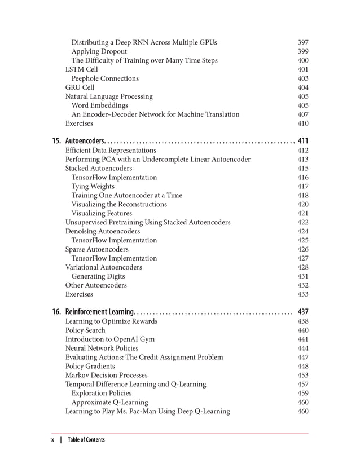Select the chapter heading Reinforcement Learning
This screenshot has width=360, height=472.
coord(100,312)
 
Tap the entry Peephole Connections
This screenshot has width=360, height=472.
coord(105,78)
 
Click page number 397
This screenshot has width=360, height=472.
coord(303,42)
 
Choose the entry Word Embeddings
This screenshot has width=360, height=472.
coord(100,105)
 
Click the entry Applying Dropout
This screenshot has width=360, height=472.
coord(99,51)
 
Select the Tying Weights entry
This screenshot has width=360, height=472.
coord(93,186)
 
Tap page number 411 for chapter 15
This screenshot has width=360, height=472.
coord(303,140)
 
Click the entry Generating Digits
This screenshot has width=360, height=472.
coord(98,276)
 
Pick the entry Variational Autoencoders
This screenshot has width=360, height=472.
coord(104,267)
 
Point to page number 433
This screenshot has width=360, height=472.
coord(303,294)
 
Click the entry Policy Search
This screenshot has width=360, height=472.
coord(85,330)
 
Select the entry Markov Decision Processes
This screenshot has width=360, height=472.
coord(107,375)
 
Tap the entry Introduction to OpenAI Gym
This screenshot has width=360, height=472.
coord(110,339)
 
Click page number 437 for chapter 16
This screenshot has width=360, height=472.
coord(303,312)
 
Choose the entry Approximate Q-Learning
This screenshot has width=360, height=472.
coord(110,402)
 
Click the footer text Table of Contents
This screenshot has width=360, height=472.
coord(86,440)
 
